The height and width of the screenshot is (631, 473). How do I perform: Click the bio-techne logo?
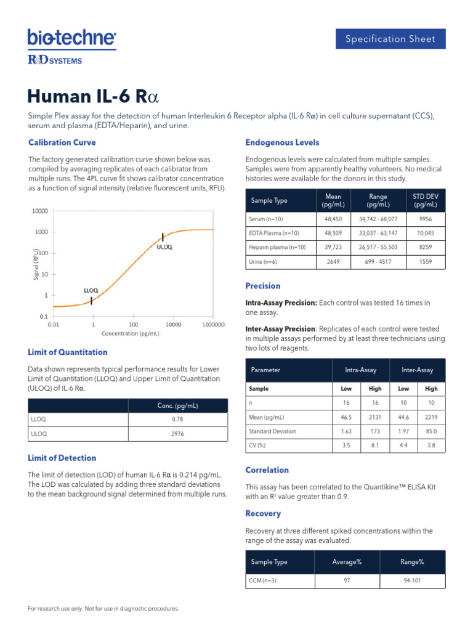coord(71,38)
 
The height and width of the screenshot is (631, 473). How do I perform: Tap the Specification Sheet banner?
coord(390,39)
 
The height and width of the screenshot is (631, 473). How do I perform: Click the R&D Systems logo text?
coord(55,60)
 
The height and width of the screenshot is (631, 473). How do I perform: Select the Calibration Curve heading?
coord(62,142)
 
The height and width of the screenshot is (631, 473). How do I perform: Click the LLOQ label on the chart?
coord(91,290)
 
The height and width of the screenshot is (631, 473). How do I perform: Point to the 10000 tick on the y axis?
coord(39,211)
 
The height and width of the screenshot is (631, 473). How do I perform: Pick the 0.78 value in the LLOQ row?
coord(177,419)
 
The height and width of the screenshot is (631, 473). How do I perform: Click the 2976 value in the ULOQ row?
coord(177,434)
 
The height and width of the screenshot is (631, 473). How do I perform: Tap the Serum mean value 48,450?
coord(333,219)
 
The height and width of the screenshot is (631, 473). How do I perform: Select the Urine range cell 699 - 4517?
coord(378,262)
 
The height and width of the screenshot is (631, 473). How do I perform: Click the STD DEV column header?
coord(425,200)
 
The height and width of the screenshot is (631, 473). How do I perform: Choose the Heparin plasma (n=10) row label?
coord(277,247)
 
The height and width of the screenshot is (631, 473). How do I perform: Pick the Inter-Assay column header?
coord(417,370)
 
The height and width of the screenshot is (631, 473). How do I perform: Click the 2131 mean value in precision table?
coord(375,417)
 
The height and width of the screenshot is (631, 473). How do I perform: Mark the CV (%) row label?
coord(257,446)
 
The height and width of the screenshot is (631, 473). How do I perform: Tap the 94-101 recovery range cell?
coord(412,580)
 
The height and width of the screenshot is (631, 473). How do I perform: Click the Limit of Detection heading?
coord(62,458)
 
